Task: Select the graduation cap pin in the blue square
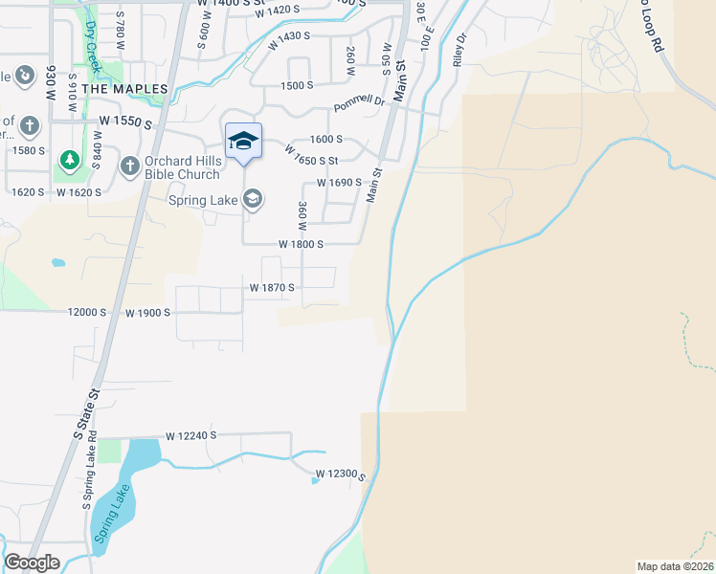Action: pyautogui.click(x=243, y=142)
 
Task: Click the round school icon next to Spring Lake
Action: pyautogui.click(x=253, y=199)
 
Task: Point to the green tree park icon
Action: pyautogui.click(x=67, y=157)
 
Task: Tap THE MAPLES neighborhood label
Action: pyautogui.click(x=124, y=89)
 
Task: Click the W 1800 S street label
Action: pyautogui.click(x=301, y=244)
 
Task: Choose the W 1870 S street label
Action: pyautogui.click(x=272, y=287)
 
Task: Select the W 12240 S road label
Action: pyautogui.click(x=191, y=435)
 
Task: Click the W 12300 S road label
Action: pyautogui.click(x=342, y=474)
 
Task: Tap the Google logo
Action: pyautogui.click(x=32, y=563)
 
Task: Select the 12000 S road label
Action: pyautogui.click(x=86, y=313)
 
